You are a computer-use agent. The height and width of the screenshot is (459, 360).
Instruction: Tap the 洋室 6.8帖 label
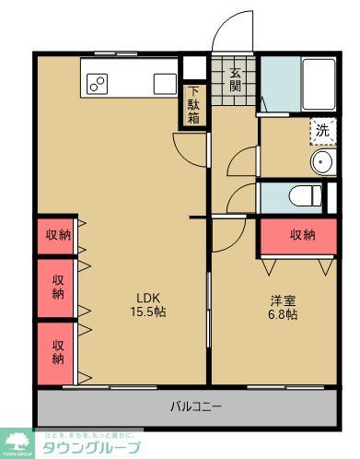284,307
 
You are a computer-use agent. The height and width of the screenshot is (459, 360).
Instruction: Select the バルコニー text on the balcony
195,406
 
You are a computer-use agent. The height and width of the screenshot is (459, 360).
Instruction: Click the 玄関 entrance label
236,79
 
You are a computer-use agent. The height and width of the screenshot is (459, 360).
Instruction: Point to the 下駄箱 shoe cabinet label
194,105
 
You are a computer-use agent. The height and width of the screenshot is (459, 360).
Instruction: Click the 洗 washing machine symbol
322,130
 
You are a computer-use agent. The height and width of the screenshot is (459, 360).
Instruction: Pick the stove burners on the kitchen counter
98,84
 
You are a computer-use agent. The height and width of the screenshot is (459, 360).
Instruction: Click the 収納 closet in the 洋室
302,235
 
